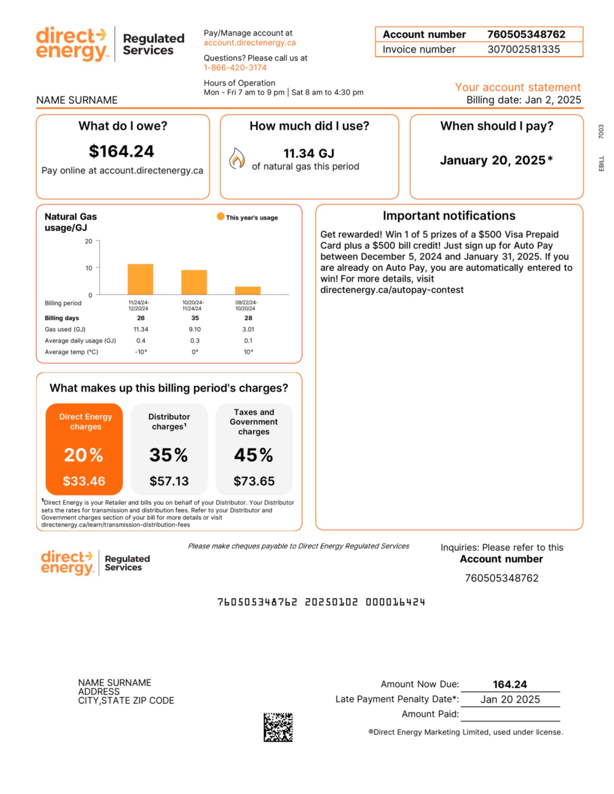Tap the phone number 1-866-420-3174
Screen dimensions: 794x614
[x=235, y=68]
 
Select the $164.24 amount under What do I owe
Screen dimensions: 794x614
[x=121, y=151]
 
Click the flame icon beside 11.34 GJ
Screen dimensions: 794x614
[x=237, y=159]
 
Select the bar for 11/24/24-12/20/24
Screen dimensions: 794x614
[x=141, y=279]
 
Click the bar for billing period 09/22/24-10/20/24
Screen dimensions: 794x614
[x=248, y=290]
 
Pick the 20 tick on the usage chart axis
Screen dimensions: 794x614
[x=88, y=241]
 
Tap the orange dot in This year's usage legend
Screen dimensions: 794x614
[x=220, y=216]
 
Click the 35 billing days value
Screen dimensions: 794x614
[x=195, y=318]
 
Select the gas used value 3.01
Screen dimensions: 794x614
[x=248, y=329]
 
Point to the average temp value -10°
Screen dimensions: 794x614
[x=141, y=352]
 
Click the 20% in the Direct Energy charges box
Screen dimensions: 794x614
[x=84, y=455]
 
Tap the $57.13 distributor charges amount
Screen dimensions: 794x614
[x=169, y=481]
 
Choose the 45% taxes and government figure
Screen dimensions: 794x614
[x=253, y=455]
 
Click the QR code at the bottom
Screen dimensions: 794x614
[x=278, y=727]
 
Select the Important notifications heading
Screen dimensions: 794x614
[x=449, y=215]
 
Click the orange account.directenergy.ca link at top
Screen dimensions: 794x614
[x=250, y=43]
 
